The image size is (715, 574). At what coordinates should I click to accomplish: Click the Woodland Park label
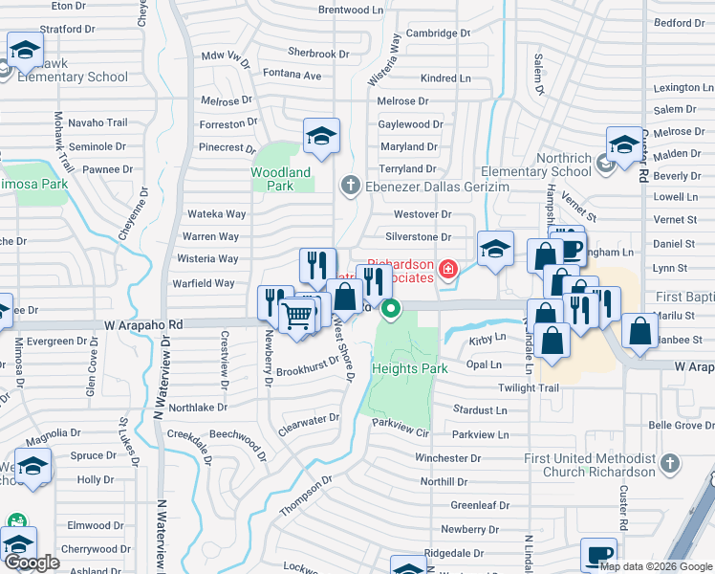(280, 179)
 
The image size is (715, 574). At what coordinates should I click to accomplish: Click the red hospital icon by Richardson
(446, 272)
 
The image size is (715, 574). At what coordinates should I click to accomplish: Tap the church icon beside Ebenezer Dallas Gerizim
(350, 185)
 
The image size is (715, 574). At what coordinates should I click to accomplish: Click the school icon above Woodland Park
(322, 137)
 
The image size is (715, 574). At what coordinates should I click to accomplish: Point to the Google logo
(32, 563)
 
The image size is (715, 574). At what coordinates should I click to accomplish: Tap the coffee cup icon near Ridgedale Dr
(599, 554)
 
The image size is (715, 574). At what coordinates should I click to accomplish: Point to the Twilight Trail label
(528, 387)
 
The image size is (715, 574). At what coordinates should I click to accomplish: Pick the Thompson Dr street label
(305, 497)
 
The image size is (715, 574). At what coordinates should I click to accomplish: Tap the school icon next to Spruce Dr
(32, 468)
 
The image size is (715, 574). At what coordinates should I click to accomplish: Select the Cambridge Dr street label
(438, 33)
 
